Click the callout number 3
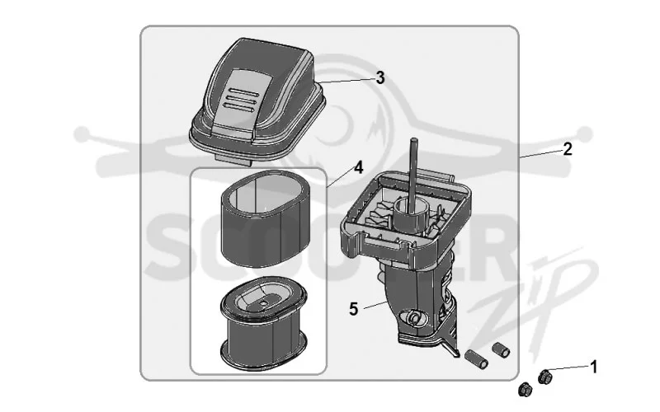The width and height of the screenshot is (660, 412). click(x=380, y=77)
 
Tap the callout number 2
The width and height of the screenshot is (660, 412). click(x=568, y=149)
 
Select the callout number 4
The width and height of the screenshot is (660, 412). click(x=358, y=167)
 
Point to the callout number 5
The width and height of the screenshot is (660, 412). click(x=354, y=309)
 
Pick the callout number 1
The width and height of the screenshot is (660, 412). click(x=594, y=367)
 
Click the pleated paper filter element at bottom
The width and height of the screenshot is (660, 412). click(x=263, y=325)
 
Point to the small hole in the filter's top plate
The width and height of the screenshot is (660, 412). click(x=263, y=302)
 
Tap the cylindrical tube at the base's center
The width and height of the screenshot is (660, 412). click(x=410, y=214)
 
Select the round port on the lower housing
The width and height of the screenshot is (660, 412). click(x=414, y=318)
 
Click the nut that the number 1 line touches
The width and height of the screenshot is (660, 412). click(x=544, y=376)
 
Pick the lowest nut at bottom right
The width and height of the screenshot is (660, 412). click(x=525, y=390)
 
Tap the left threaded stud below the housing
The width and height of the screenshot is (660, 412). click(x=476, y=358)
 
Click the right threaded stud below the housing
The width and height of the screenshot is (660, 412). click(x=501, y=349)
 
